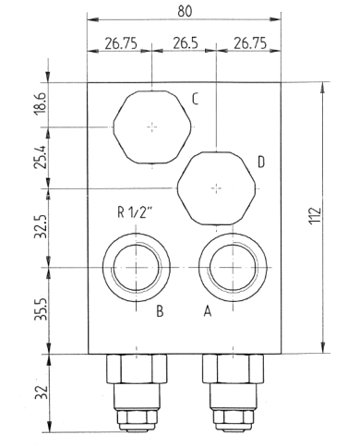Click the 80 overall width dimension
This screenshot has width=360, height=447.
coord(185,11)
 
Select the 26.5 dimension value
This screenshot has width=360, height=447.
coord(186,43)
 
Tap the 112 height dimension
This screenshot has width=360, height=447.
coord(315,215)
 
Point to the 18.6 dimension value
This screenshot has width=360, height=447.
coord(40,103)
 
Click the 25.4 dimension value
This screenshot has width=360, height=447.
coord(40,157)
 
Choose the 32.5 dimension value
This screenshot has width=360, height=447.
coord(40,227)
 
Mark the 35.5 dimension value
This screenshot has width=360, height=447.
coord(41,309)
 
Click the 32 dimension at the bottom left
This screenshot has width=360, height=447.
coord(41,393)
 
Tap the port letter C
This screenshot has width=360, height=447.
coord(195,99)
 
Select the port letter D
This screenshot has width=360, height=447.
coord(261,162)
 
